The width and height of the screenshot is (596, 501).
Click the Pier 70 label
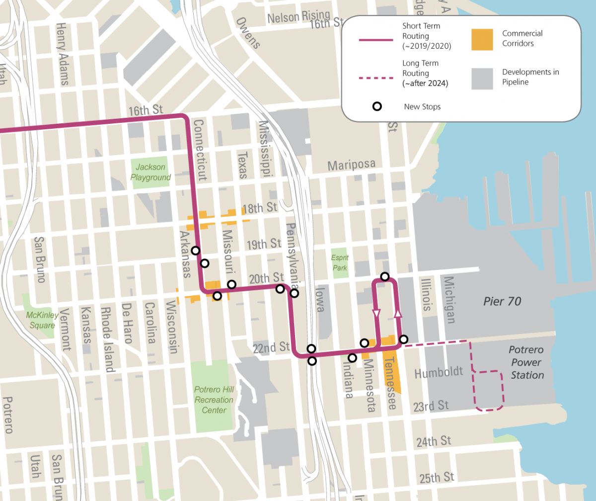502,301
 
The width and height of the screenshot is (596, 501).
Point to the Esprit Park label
340,262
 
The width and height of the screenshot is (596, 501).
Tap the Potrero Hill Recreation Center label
214,400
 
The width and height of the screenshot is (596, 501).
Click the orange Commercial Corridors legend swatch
482,39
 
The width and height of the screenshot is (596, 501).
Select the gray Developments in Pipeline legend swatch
482,78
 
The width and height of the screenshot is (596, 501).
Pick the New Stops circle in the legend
377,106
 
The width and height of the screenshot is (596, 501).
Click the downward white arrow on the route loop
376,314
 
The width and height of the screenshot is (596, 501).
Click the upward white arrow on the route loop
398,313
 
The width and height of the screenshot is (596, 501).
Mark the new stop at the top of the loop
384,276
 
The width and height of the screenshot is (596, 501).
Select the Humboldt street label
432,372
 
